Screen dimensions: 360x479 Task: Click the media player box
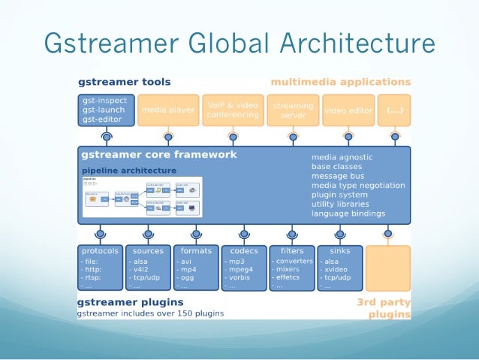[169, 110]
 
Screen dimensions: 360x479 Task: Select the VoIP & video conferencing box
[231, 110]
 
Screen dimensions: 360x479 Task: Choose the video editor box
[348, 110]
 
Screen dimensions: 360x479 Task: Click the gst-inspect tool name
[105, 100]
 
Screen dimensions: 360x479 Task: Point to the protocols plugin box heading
[101, 251]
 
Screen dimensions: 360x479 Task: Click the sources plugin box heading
[147, 251]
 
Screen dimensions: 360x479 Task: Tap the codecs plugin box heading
[244, 251]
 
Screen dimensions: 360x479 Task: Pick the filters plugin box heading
[292, 251]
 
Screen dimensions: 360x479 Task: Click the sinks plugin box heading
[339, 251]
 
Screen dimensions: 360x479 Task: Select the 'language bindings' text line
[348, 213]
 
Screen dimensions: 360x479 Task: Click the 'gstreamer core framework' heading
[158, 155]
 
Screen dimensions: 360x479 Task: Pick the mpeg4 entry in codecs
[242, 269]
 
